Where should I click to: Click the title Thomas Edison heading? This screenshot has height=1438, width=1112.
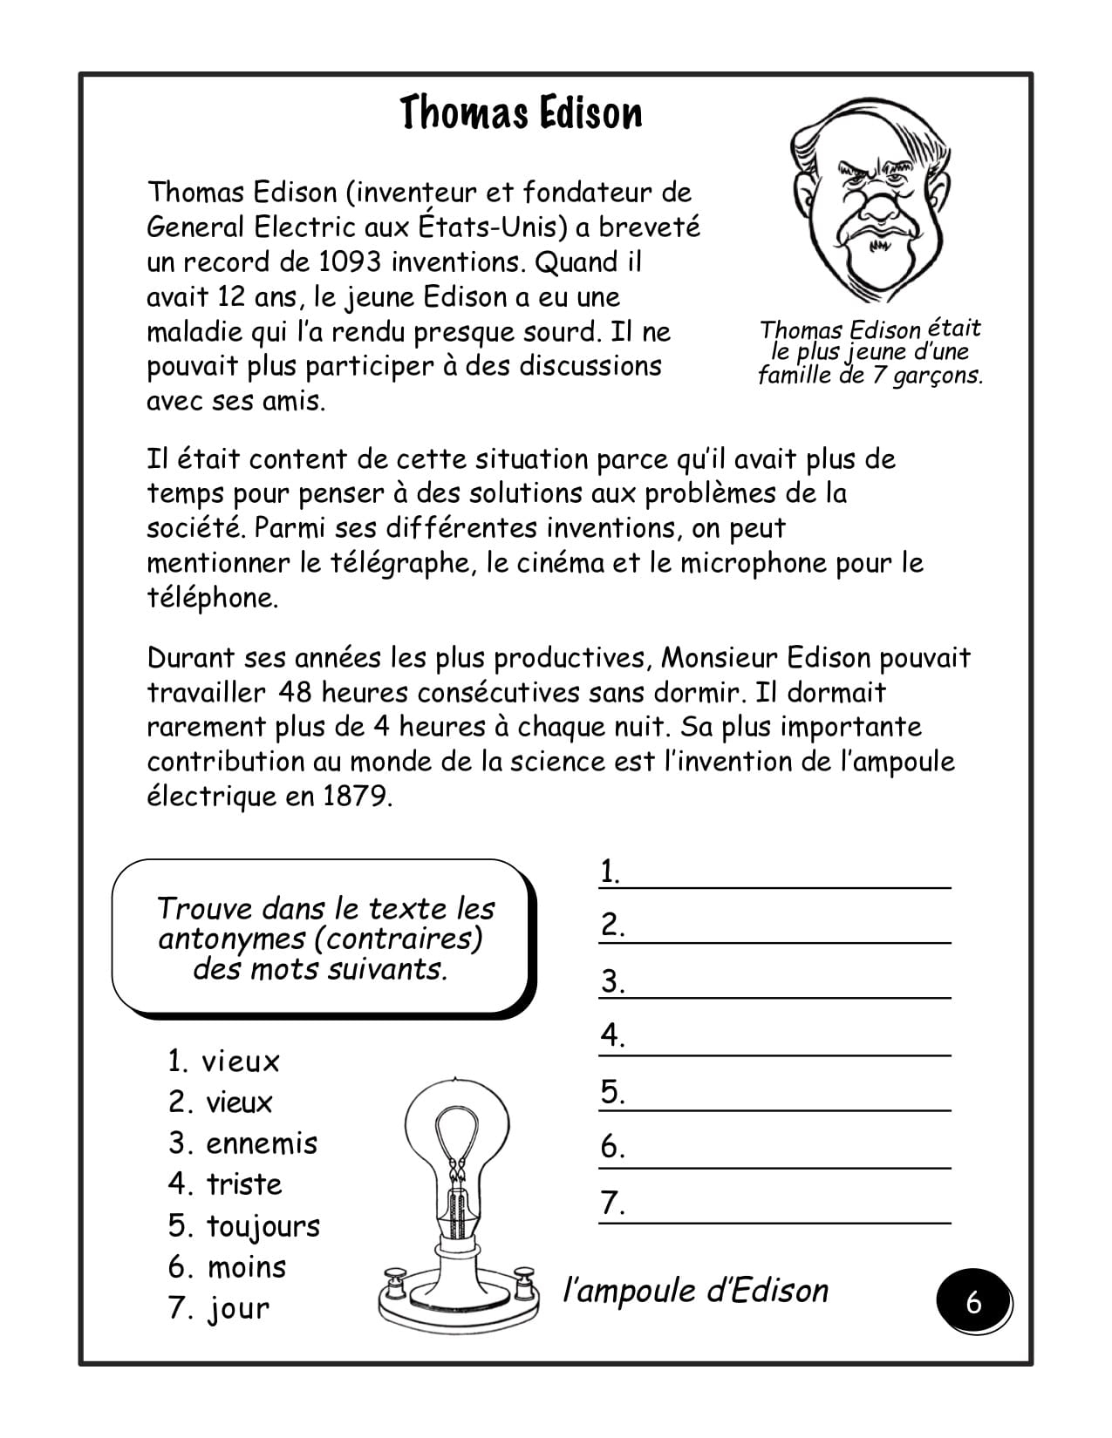tap(521, 113)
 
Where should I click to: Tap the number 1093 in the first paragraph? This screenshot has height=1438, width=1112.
tap(349, 261)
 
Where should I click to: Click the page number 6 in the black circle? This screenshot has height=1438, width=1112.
tap(973, 1303)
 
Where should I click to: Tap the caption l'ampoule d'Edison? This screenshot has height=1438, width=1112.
tap(696, 1291)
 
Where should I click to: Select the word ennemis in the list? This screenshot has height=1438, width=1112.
tap(262, 1143)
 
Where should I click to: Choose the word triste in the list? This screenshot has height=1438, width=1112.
tap(244, 1184)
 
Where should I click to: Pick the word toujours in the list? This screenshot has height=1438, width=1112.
tap(263, 1226)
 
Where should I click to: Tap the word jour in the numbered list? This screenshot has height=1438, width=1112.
tap(238, 1309)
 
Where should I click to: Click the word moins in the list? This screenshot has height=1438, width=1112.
tap(247, 1267)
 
